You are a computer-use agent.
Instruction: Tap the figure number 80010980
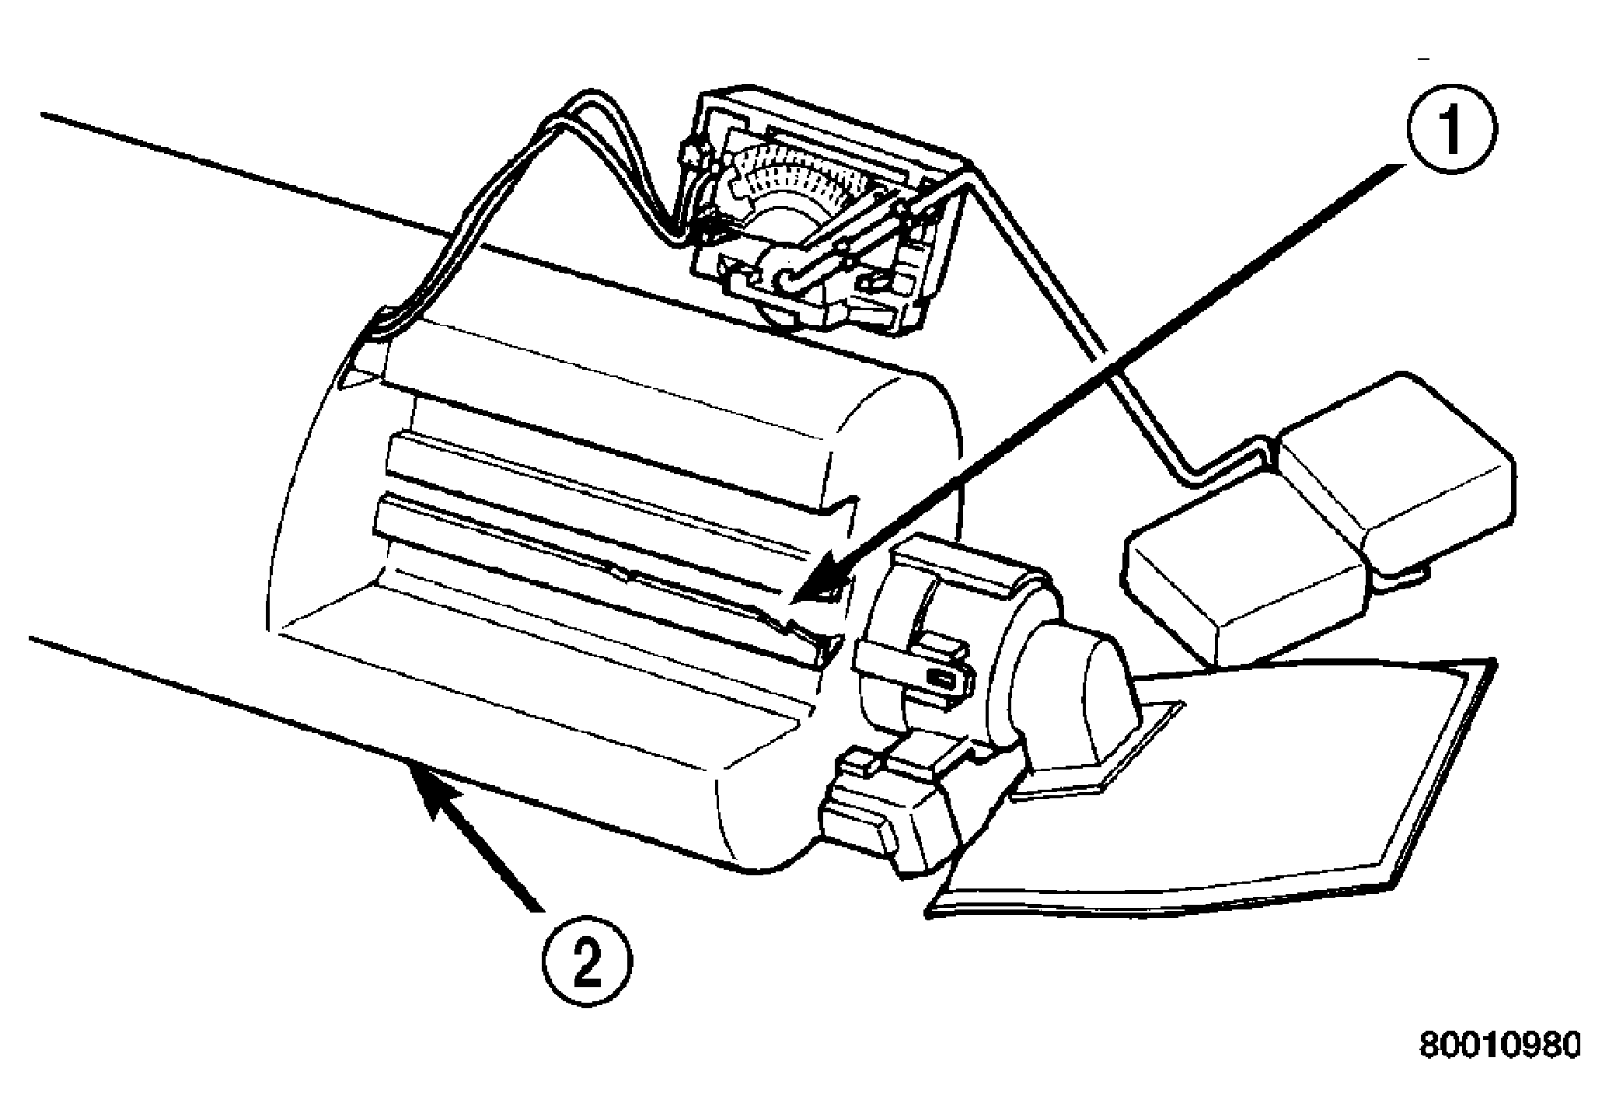click(x=1499, y=1046)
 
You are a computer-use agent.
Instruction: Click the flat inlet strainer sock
click(x=1213, y=785)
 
